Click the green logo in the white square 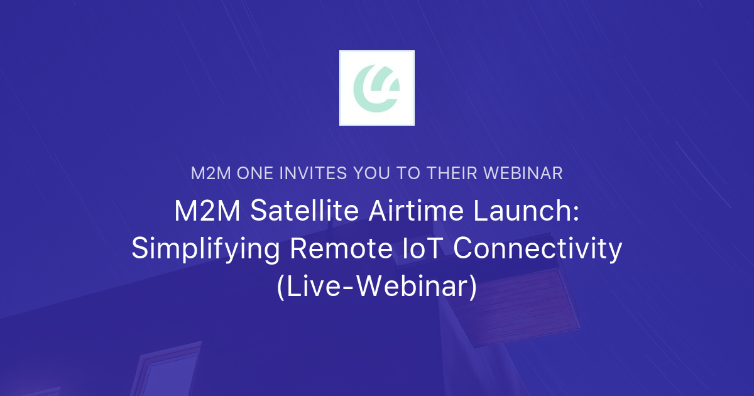pyautogui.click(x=376, y=88)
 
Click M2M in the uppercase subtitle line pyautogui.click(x=211, y=173)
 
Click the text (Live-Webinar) pyautogui.click(x=377, y=287)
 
